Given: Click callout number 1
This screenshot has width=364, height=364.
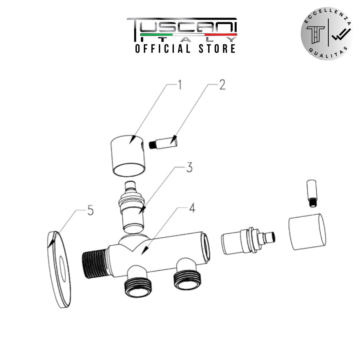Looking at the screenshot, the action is coord(179,85).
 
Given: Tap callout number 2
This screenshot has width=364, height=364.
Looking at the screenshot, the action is coord(222,85).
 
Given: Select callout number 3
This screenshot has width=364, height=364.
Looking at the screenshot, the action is coord(190,167).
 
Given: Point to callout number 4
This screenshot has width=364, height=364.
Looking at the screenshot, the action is coord(192,208).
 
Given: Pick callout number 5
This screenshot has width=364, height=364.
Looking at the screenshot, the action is coord(90,210).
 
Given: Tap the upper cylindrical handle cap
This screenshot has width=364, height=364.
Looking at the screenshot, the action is coord(127,156).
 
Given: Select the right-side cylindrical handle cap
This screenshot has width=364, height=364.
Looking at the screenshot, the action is coord(307,232).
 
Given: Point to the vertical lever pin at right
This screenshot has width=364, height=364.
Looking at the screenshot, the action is coord(312,193).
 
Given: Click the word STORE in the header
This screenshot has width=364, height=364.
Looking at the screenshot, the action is coord(217,49).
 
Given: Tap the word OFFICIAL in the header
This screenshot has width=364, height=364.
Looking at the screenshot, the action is coord(163,49).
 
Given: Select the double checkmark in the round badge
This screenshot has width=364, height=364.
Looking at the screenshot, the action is coord(341,34).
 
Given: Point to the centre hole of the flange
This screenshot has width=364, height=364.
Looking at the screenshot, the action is coord(63,269).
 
